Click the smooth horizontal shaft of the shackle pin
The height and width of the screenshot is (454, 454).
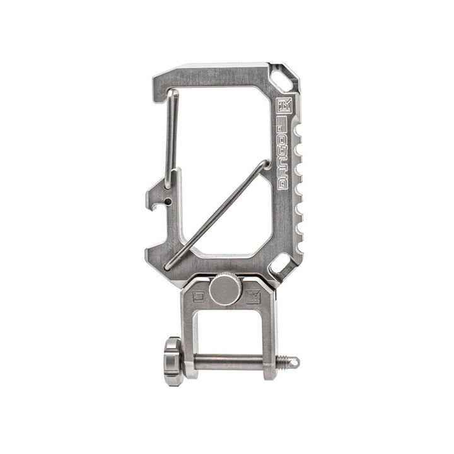click(233, 361)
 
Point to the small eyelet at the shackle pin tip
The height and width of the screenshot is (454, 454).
click(295, 361)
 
